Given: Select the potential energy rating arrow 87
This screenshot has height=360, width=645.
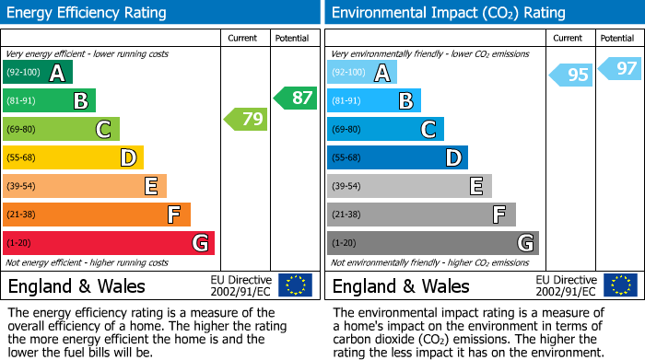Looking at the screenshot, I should coord(295,98).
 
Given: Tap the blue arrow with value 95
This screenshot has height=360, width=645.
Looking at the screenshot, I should coord(570,75).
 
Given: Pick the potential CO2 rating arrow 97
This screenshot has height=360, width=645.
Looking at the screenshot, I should coord(620,68).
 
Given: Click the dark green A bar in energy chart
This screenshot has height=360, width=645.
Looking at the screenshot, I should coord(38,73).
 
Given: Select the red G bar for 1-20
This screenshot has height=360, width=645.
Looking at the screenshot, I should coord(109,243).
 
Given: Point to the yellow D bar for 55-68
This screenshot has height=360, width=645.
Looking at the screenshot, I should coord(73,158).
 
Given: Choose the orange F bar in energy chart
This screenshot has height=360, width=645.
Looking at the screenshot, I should coord(97,215).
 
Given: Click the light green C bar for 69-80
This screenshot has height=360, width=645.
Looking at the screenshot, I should coord(61,130).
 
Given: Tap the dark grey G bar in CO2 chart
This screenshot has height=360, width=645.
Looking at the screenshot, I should coord(432,243).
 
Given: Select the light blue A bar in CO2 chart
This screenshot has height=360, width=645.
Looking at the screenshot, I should coord(362,73).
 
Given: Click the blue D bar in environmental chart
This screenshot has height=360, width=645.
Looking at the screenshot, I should coord(397,158).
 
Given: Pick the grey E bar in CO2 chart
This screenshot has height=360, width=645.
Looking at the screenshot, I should coord(409,186).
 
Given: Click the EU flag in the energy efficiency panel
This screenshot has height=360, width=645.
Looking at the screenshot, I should coord(296,285).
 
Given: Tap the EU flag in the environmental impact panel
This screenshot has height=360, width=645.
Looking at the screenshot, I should coord(620,285).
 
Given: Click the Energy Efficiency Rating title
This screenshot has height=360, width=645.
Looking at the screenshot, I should coord(88,13).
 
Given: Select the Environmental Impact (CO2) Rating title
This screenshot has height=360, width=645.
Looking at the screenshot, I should coord(448,13).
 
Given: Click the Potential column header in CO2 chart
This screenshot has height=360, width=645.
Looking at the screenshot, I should coord(617,38).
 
